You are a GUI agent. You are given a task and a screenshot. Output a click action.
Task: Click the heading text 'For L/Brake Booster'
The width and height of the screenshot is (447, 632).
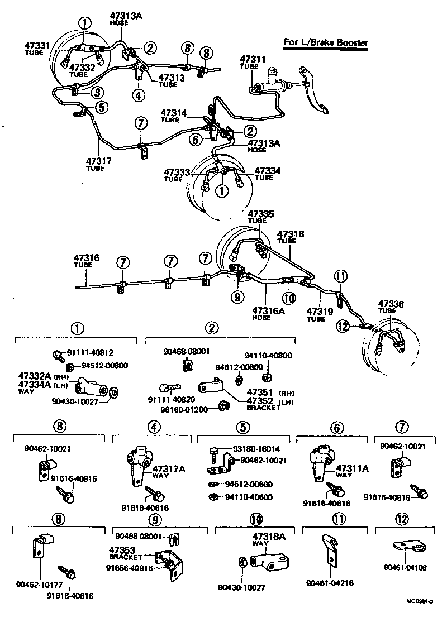tap(326, 42)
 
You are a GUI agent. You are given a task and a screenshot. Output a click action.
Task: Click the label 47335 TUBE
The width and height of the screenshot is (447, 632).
tap(261, 217)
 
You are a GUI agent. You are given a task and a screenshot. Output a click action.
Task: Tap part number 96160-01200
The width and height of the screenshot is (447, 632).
tap(186, 409)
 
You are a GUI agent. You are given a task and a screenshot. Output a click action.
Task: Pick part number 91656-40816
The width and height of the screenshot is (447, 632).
tap(134, 568)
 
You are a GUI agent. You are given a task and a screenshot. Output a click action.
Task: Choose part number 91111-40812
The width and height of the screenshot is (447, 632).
tap(91, 353)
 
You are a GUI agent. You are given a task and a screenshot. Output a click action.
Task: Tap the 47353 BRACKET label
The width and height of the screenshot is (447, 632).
tap(125, 552)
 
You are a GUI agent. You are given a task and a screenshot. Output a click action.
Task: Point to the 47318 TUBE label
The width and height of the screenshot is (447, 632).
tap(291, 237)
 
